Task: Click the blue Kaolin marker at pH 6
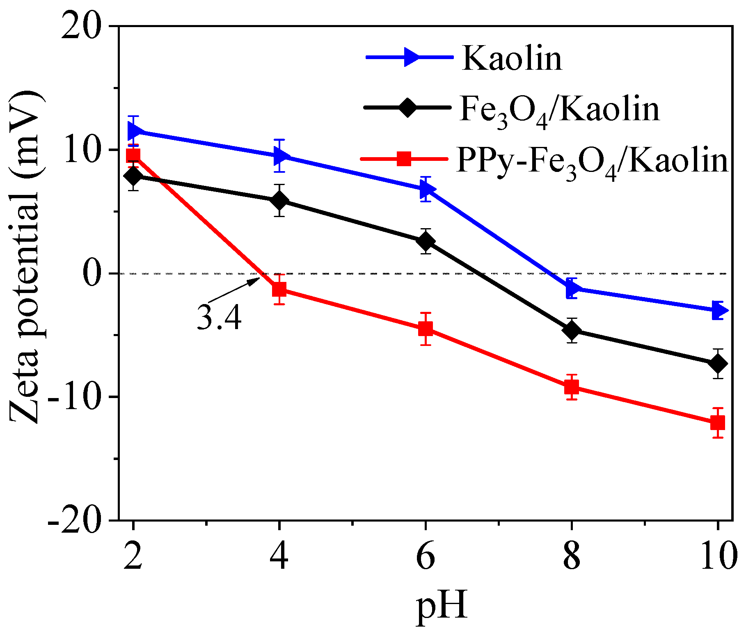click(x=426, y=189)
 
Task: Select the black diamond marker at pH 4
click(x=279, y=201)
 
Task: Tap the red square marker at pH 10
click(x=718, y=423)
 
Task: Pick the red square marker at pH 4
click(x=279, y=289)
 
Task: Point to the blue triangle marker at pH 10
click(x=719, y=310)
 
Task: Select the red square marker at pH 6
click(x=426, y=329)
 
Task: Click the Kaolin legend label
click(x=512, y=58)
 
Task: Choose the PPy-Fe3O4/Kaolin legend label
click(x=592, y=161)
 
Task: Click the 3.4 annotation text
click(x=219, y=318)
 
